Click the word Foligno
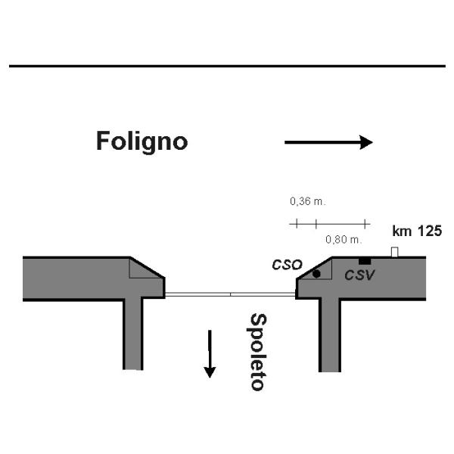(141, 141)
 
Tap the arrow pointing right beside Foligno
(328, 141)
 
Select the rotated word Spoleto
(257, 351)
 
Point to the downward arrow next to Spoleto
(210, 353)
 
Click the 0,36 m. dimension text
(307, 202)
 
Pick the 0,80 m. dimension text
(344, 239)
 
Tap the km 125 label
(417, 231)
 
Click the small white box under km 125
(394, 252)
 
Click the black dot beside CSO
(316, 273)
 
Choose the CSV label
(359, 275)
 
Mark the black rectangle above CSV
(365, 261)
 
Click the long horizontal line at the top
(227, 66)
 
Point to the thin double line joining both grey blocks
(230, 294)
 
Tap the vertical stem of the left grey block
(133, 333)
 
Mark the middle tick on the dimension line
(316, 223)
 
